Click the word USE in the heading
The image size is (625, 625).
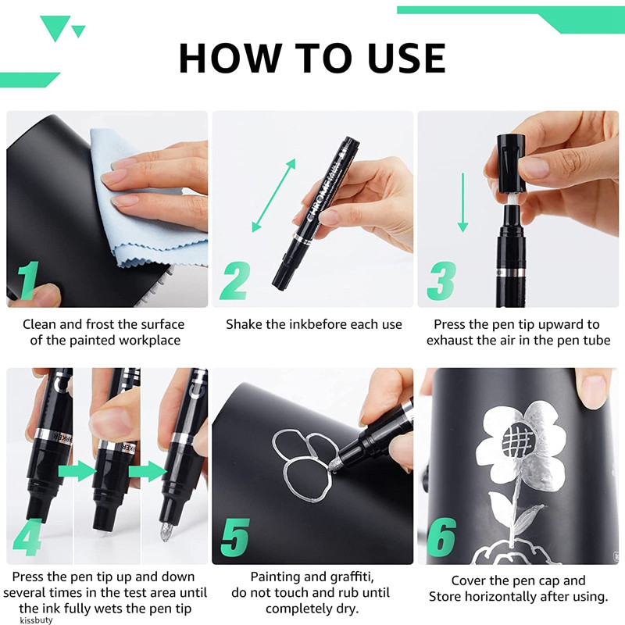point(405,58)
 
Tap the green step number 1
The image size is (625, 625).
point(29,280)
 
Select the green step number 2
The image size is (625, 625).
point(236,281)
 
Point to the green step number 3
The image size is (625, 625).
point(441,281)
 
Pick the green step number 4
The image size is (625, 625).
point(27,537)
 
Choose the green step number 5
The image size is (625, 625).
point(235,537)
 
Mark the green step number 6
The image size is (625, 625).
point(441,537)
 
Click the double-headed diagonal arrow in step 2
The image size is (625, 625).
point(274,195)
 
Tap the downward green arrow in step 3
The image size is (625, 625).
point(462,202)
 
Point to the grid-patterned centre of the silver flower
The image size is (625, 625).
point(517,440)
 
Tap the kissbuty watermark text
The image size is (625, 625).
point(36,620)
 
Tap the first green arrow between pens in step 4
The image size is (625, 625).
point(77,471)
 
